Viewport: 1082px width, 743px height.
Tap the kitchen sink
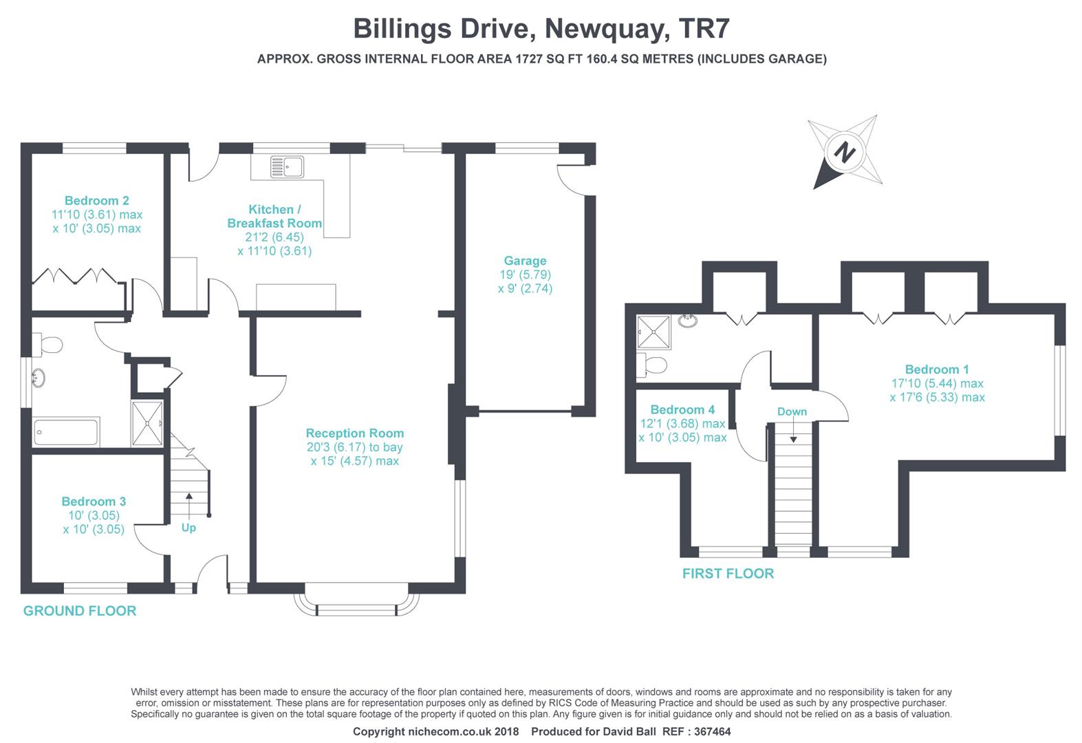[x=288, y=166]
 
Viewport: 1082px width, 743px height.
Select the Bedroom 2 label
[x=97, y=201]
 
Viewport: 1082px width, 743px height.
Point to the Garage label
[x=525, y=261]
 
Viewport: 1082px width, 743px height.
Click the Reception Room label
[x=354, y=433]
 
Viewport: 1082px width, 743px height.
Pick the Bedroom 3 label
[x=94, y=502]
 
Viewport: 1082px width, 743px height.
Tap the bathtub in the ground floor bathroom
[x=66, y=433]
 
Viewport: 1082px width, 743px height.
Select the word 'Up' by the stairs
[x=188, y=528]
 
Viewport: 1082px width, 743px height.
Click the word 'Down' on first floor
[x=792, y=411]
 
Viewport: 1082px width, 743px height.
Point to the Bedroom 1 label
[x=937, y=369]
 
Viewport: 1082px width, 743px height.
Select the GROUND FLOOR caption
[x=80, y=611]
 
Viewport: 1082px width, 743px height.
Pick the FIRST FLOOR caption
[x=728, y=574]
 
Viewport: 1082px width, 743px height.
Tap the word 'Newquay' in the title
[x=607, y=29]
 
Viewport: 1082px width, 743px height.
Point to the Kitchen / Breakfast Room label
[x=274, y=216]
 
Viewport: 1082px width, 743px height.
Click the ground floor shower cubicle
[x=147, y=423]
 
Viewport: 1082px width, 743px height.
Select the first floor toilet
[x=652, y=365]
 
